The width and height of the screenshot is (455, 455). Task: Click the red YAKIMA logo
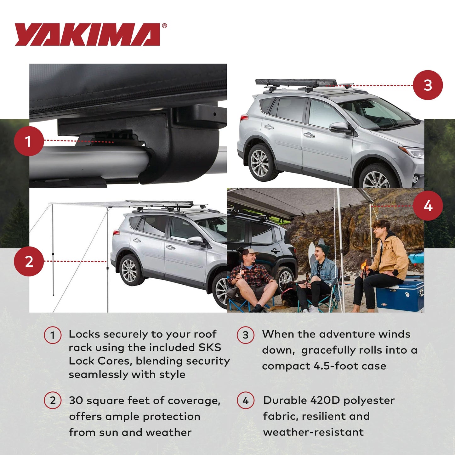(88, 35)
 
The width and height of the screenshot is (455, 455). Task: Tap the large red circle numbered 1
(29, 141)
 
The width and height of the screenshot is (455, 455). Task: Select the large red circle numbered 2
(29, 261)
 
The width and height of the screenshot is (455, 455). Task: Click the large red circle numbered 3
(428, 85)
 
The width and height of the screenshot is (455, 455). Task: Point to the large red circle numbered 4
(428, 206)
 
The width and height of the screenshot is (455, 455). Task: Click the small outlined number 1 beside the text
(53, 335)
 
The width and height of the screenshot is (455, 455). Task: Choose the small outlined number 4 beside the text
(246, 401)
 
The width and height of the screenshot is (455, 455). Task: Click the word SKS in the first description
(210, 347)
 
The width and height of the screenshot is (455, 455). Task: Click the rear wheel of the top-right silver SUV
(260, 162)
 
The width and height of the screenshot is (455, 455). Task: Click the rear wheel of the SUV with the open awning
(130, 270)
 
